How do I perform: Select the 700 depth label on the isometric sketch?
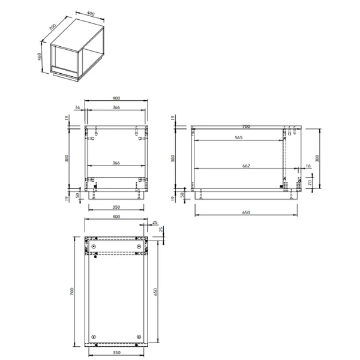click(x=52, y=27)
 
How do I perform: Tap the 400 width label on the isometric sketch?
click(x=91, y=13)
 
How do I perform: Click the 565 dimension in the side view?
click(x=238, y=137)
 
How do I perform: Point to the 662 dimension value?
click(x=246, y=166)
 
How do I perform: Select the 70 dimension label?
click(x=310, y=182)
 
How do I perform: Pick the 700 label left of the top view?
click(x=71, y=291)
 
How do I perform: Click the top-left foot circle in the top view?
click(x=94, y=247)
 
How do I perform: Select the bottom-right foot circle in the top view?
click(x=139, y=336)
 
